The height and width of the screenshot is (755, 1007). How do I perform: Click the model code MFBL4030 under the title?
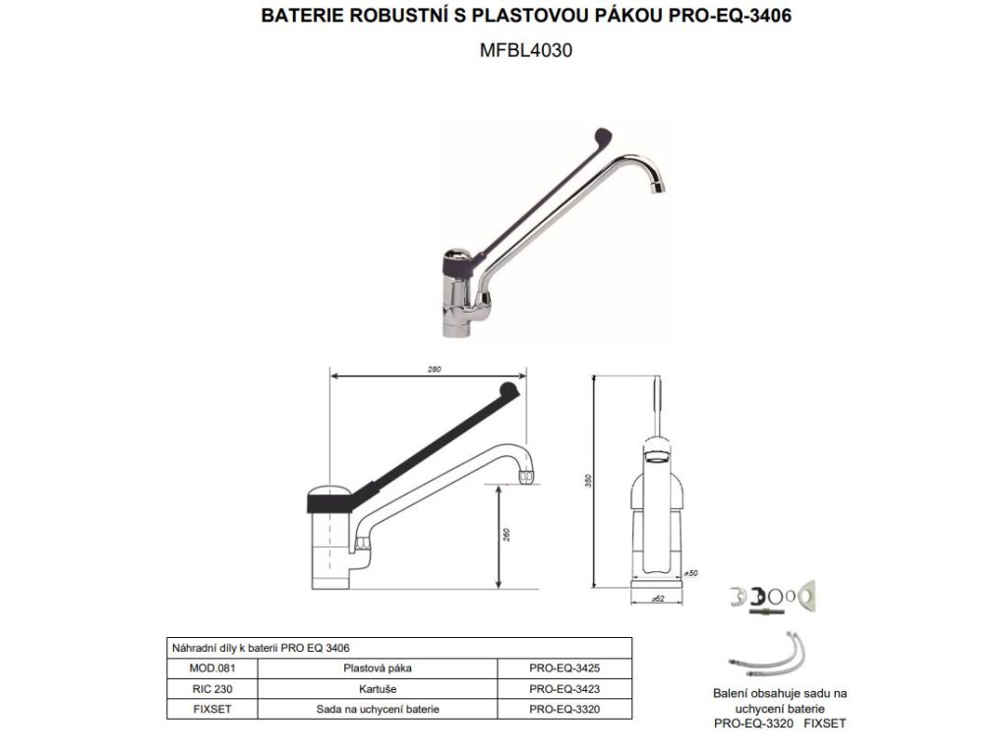tap(526, 50)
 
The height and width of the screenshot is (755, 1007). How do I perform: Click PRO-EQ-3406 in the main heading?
tap(730, 16)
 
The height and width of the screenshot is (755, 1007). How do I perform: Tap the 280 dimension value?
tap(434, 370)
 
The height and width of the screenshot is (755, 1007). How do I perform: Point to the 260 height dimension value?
tap(506, 534)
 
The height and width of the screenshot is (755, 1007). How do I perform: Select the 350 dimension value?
tap(588, 481)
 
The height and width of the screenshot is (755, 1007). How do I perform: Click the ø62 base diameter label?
tap(658, 599)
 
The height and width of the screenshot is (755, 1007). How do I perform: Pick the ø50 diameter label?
tap(691, 573)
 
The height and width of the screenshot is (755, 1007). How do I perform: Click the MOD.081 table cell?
tap(212, 668)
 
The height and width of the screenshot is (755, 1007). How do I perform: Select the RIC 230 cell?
tap(212, 689)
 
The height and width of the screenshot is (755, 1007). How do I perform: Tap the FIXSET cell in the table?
tap(212, 710)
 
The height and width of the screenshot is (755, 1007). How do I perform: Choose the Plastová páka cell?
tap(378, 668)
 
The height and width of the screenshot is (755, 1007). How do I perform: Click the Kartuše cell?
tap(378, 689)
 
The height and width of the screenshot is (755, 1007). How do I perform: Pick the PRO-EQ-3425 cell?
tap(564, 668)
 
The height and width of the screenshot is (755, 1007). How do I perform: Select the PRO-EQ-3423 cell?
tap(564, 689)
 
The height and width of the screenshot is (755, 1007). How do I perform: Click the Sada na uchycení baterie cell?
tap(378, 710)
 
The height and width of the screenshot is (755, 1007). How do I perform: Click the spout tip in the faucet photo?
tap(659, 188)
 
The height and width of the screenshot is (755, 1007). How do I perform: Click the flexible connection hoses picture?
tap(767, 656)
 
